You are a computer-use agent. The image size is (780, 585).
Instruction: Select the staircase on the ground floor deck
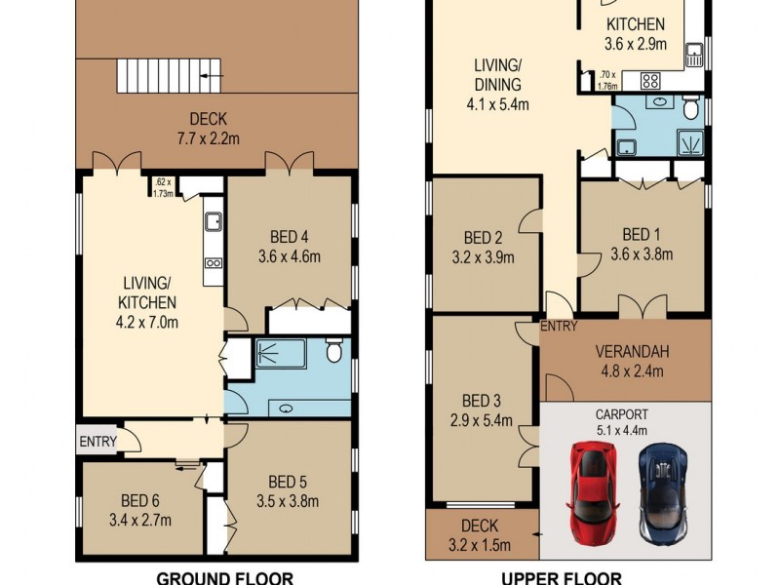tap(170, 75)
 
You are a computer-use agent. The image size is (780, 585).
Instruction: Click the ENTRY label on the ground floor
tap(97, 442)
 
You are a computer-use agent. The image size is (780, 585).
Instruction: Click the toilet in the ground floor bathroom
tap(333, 350)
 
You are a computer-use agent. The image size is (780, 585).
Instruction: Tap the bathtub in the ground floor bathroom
tap(281, 353)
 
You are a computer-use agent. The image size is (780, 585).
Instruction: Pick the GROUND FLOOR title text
tap(210, 577)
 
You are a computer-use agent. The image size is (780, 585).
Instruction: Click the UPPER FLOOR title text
tap(561, 577)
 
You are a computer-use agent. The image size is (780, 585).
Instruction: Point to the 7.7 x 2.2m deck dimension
tap(203, 137)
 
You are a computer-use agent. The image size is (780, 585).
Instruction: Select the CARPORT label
tap(624, 413)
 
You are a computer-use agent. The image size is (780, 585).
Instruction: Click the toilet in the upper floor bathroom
tap(690, 105)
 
